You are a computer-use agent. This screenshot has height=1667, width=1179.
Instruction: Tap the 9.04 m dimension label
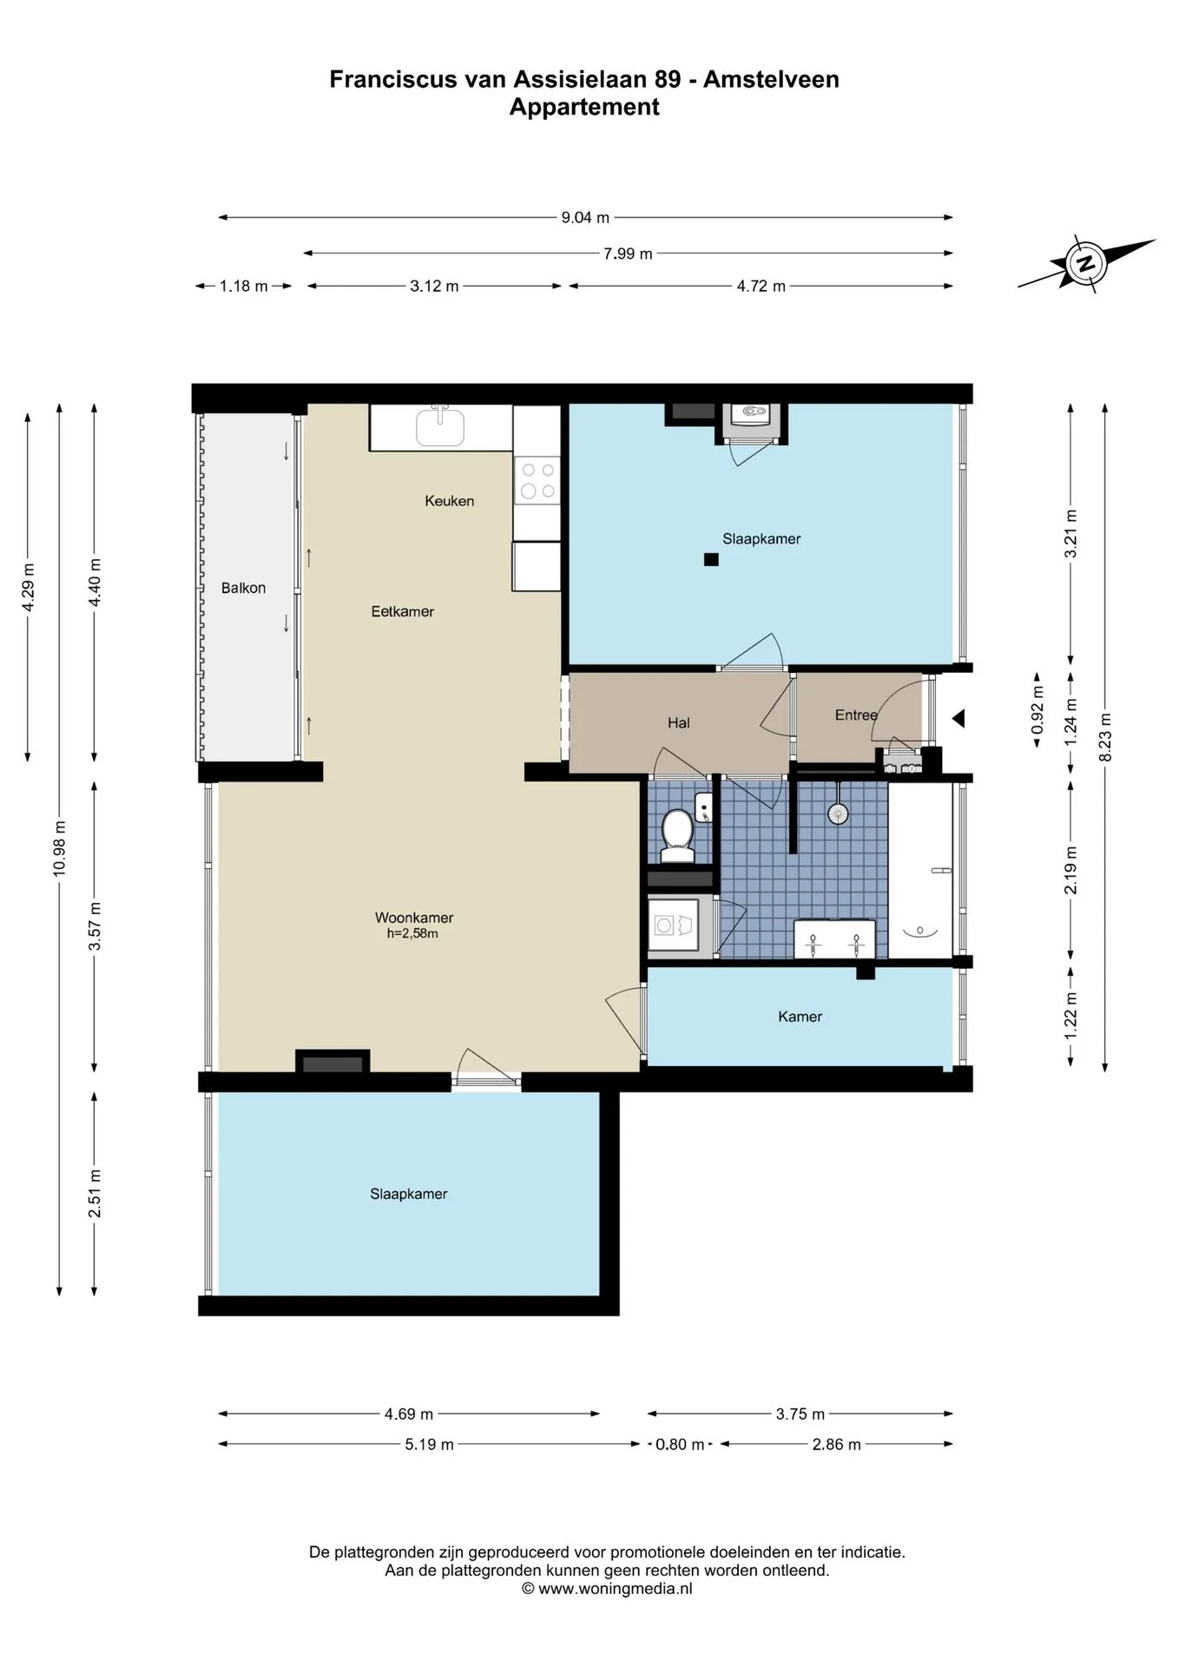pyautogui.click(x=585, y=218)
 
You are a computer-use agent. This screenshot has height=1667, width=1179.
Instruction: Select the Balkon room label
pyautogui.click(x=243, y=588)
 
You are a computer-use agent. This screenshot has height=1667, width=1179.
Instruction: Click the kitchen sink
pyautogui.click(x=440, y=425)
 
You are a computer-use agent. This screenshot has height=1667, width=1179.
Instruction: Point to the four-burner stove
pyautogui.click(x=537, y=480)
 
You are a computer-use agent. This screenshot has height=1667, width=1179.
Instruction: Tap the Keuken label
pyautogui.click(x=450, y=501)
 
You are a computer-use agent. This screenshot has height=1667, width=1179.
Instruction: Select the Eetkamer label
pyautogui.click(x=403, y=611)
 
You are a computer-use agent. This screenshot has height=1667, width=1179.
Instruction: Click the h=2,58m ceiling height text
pyautogui.click(x=412, y=934)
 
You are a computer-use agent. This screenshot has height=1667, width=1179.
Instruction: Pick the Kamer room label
pyautogui.click(x=800, y=1017)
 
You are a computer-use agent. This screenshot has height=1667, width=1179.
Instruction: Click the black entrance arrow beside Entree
pyautogui.click(x=958, y=719)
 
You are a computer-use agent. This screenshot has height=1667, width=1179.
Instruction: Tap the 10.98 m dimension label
pyautogui.click(x=59, y=848)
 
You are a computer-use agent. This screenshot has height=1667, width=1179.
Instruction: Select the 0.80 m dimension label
pyautogui.click(x=680, y=1445)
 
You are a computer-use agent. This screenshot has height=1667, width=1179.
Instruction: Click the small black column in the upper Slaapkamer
pyautogui.click(x=711, y=560)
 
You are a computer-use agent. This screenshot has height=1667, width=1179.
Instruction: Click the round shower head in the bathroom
pyautogui.click(x=838, y=814)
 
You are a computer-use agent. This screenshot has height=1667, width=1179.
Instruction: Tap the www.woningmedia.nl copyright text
pyautogui.click(x=607, y=1589)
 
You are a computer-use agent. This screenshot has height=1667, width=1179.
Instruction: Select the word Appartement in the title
pyautogui.click(x=584, y=107)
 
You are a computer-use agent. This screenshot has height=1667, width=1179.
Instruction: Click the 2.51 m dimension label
pyautogui.click(x=95, y=1194)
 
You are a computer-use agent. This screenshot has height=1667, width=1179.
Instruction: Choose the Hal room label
pyautogui.click(x=679, y=722)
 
